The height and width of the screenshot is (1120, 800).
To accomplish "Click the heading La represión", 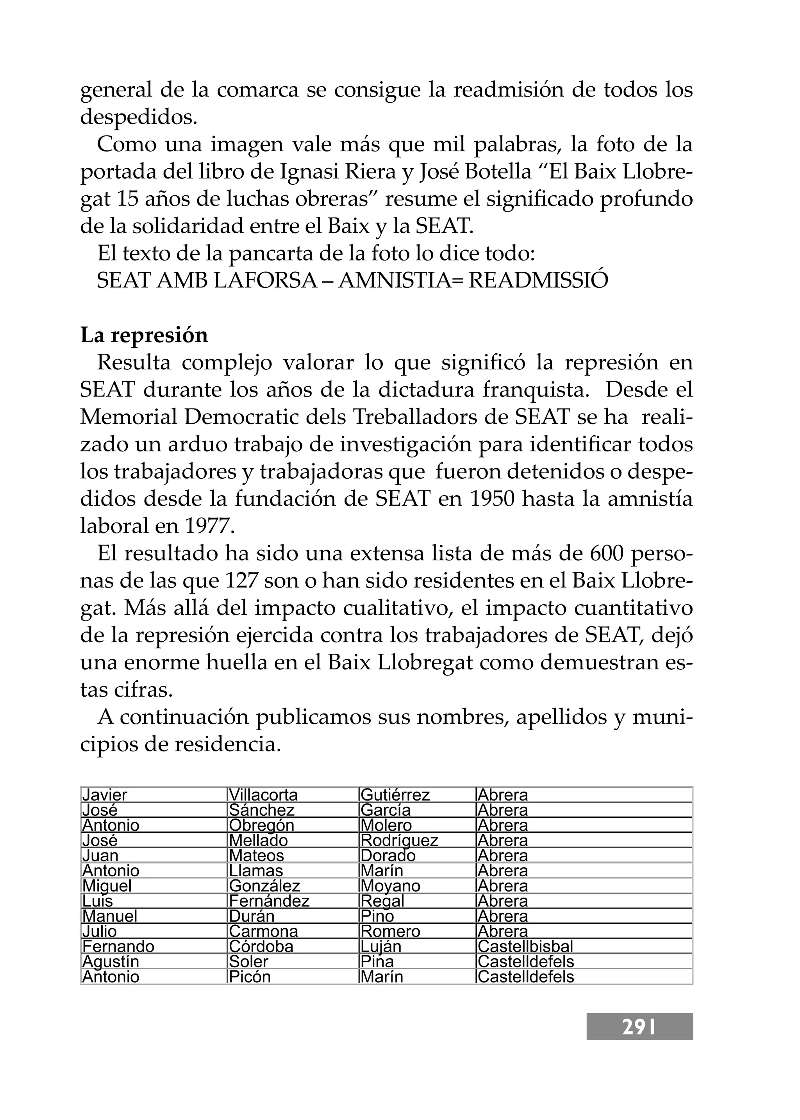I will (144, 335).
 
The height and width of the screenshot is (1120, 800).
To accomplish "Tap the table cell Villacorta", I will (264, 795).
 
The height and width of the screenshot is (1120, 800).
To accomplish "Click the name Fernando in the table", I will (118, 946).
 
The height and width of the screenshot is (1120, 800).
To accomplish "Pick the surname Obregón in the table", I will (262, 825).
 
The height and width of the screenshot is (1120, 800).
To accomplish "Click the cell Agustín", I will (111, 961).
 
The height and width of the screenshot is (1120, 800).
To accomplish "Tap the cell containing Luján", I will (381, 946).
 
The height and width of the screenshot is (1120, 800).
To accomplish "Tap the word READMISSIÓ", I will (538, 281).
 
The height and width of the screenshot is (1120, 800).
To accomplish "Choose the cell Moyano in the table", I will (391, 886).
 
